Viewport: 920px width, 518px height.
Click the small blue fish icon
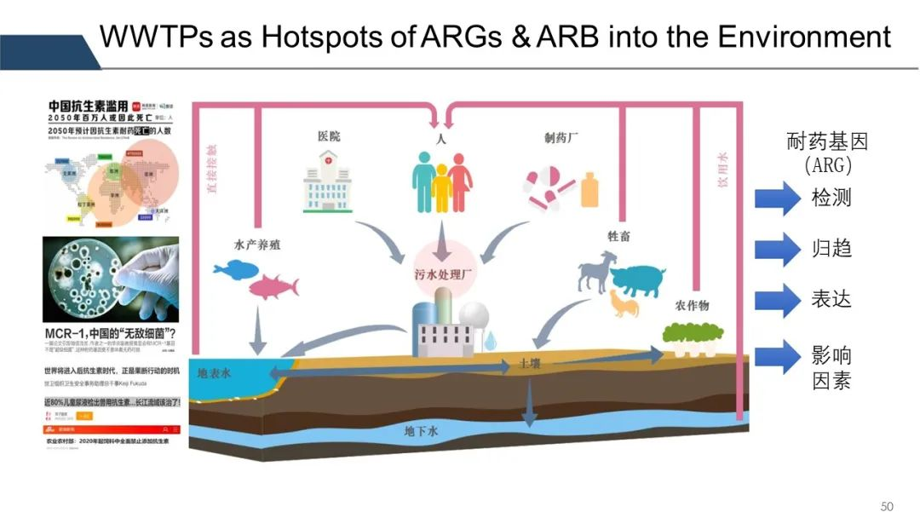pyautogui.click(x=230, y=270)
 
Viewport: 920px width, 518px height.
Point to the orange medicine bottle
pyautogui.click(x=589, y=189)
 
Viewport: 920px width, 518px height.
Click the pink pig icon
pyautogui.click(x=637, y=279)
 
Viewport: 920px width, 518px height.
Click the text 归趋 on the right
pyautogui.click(x=831, y=250)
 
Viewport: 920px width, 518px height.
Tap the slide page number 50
pyautogui.click(x=887, y=506)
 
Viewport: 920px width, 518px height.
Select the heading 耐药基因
pyautogui.click(x=826, y=142)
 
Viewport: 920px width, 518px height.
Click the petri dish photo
pyautogui.click(x=111, y=279)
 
